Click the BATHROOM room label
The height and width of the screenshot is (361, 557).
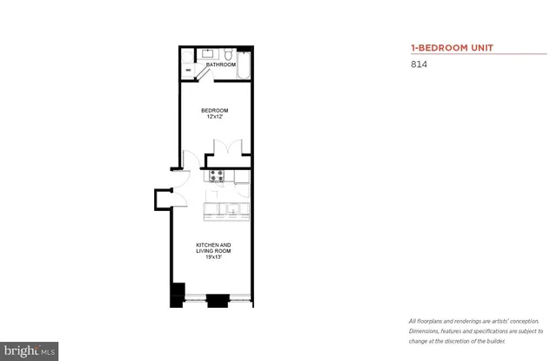click(x=220, y=65)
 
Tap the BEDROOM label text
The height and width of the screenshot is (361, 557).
click(x=214, y=110)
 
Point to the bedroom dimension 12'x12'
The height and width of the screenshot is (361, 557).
click(x=214, y=118)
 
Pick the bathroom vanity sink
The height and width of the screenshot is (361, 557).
click(x=207, y=51)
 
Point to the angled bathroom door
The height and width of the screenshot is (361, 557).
click(x=199, y=75)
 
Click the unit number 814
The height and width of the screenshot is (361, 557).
click(x=417, y=64)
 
